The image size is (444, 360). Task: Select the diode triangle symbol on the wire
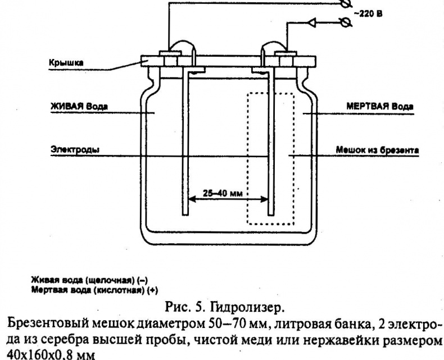point(310,24)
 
